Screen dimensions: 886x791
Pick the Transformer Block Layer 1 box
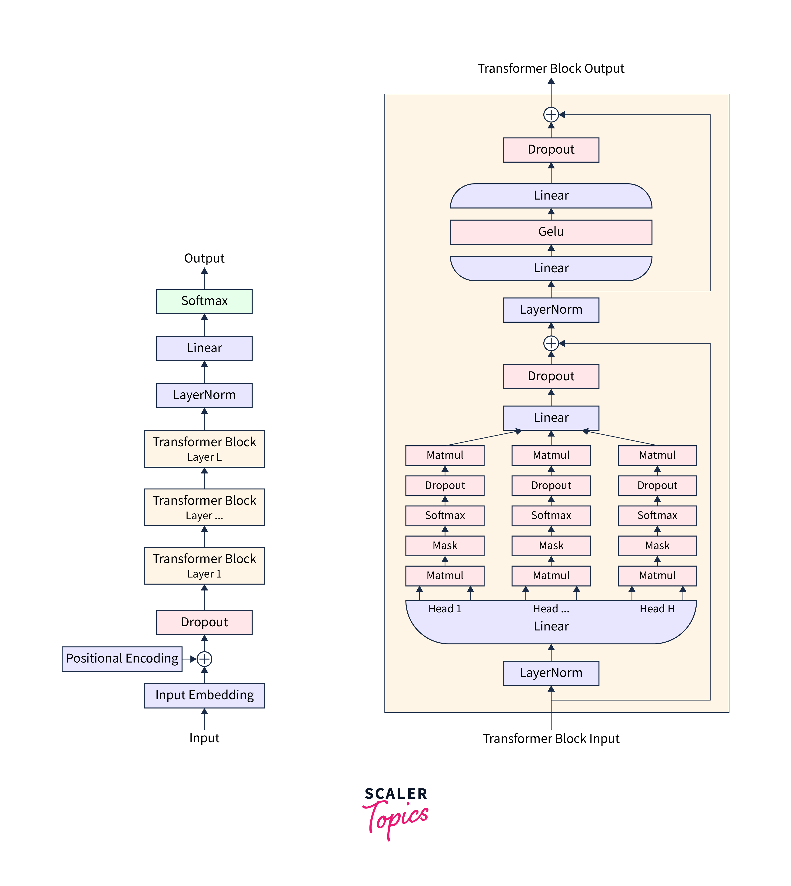(204, 565)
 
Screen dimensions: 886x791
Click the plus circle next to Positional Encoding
(204, 659)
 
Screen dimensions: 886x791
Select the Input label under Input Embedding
(204, 738)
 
